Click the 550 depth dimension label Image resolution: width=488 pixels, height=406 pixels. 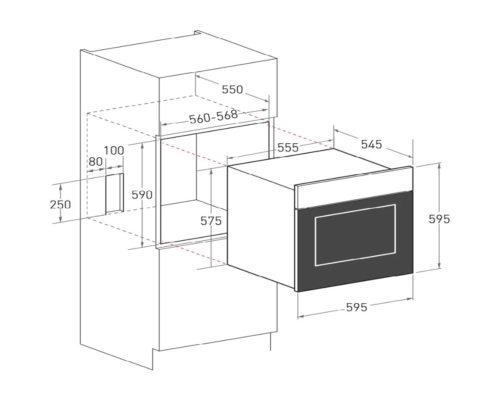(232, 90)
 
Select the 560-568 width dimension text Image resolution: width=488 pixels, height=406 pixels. (213, 117)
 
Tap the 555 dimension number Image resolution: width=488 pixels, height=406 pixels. (288, 147)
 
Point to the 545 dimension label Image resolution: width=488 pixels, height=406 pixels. (371, 145)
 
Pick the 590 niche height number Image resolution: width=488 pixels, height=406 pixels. (142, 195)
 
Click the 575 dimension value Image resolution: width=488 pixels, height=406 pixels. (211, 221)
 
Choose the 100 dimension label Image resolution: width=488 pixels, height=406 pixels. (113, 151)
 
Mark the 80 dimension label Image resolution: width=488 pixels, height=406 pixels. (95, 162)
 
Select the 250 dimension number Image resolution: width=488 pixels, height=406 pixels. (60, 205)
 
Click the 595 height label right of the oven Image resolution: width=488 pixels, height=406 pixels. (439, 219)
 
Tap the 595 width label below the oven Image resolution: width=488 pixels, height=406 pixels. (356, 307)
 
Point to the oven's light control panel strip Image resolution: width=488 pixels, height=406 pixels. (354, 187)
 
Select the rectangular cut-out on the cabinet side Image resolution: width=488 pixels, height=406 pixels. (115, 193)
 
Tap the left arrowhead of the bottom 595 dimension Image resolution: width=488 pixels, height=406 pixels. (301, 316)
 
